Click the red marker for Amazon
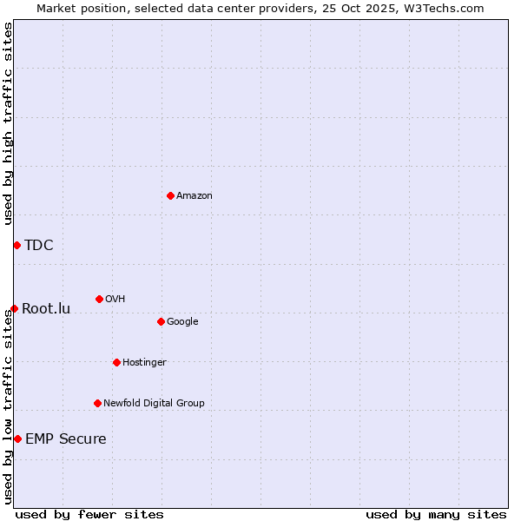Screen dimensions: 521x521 [170, 195]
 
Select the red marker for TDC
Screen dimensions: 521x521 [16, 245]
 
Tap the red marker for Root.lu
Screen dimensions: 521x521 [14, 308]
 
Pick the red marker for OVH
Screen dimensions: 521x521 [99, 299]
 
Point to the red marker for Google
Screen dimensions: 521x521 [161, 321]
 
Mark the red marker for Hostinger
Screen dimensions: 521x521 [116, 362]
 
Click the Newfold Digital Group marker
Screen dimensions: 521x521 [97, 403]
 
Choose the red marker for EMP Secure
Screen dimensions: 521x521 [17, 439]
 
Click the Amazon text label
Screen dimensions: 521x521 [195, 196]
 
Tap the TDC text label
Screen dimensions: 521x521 [39, 245]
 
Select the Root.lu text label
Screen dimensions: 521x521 [46, 308]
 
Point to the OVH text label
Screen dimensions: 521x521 [115, 300]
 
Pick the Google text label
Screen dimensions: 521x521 [182, 322]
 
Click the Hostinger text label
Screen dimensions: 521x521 [144, 362]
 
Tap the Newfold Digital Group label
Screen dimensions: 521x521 [154, 403]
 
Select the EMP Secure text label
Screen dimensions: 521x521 [66, 439]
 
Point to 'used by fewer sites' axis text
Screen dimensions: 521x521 [89, 514]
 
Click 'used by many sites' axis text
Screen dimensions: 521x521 [436, 514]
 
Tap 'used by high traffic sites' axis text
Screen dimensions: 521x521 [8, 123]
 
